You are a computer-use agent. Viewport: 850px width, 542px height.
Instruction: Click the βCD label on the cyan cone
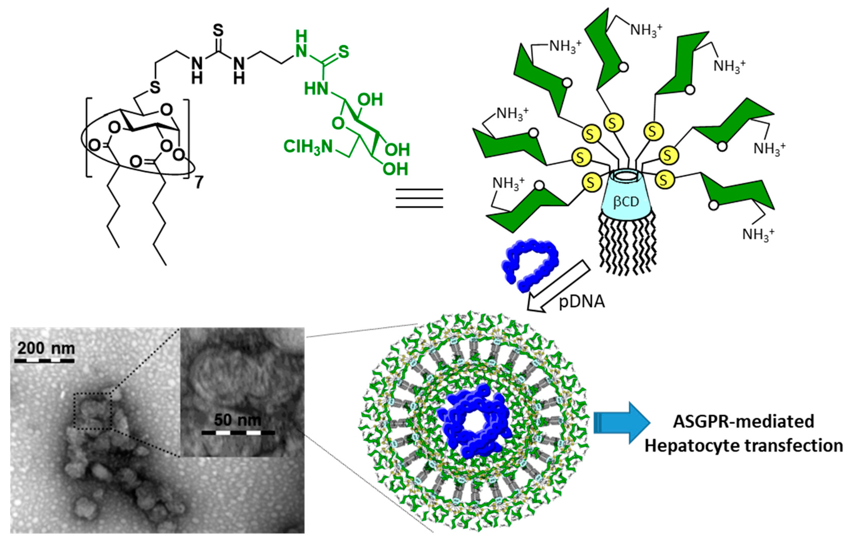626,201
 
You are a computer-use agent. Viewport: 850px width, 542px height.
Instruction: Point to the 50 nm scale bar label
238,420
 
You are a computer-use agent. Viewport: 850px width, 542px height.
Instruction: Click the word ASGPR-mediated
743,421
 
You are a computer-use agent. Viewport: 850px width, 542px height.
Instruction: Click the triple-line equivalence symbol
419,198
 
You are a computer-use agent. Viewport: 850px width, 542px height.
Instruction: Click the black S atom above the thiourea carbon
218,31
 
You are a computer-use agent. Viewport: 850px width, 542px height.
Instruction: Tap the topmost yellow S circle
613,123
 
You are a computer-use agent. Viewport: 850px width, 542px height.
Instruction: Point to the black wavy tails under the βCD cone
627,244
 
